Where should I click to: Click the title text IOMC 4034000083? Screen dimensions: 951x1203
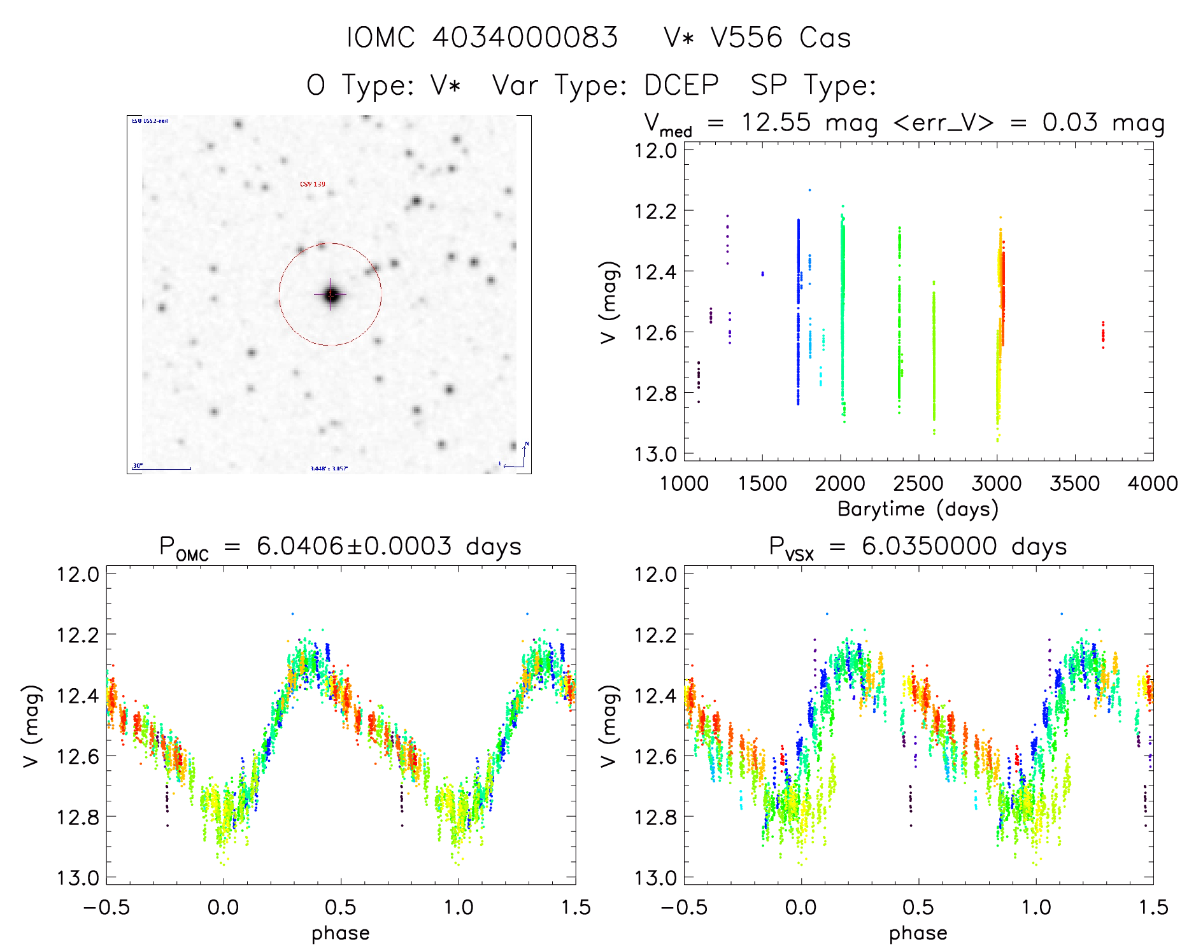(x=482, y=38)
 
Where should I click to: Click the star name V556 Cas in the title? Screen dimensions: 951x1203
(x=781, y=38)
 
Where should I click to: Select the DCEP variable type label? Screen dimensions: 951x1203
(x=681, y=85)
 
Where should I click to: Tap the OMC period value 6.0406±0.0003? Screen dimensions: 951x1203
(x=354, y=546)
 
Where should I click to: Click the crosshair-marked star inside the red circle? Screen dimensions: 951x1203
(x=331, y=295)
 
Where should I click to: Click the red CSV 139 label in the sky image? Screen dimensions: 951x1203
(x=313, y=184)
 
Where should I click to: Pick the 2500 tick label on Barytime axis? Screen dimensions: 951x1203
(x=918, y=483)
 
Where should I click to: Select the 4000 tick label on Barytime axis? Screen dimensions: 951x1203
(x=1153, y=483)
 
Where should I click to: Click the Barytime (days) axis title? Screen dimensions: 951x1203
(x=918, y=509)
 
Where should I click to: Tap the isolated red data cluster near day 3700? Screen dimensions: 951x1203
(x=1103, y=334)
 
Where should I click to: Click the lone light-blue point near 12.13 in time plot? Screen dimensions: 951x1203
(x=809, y=190)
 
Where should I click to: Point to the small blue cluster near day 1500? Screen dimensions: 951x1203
(x=762, y=274)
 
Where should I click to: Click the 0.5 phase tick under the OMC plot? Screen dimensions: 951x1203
(x=341, y=906)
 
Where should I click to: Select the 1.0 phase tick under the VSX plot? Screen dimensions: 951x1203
(x=1036, y=906)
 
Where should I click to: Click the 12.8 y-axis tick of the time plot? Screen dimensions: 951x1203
(x=655, y=393)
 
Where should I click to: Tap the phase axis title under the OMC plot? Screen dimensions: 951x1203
(x=341, y=933)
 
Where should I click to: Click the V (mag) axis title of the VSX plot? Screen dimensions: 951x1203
(x=609, y=726)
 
